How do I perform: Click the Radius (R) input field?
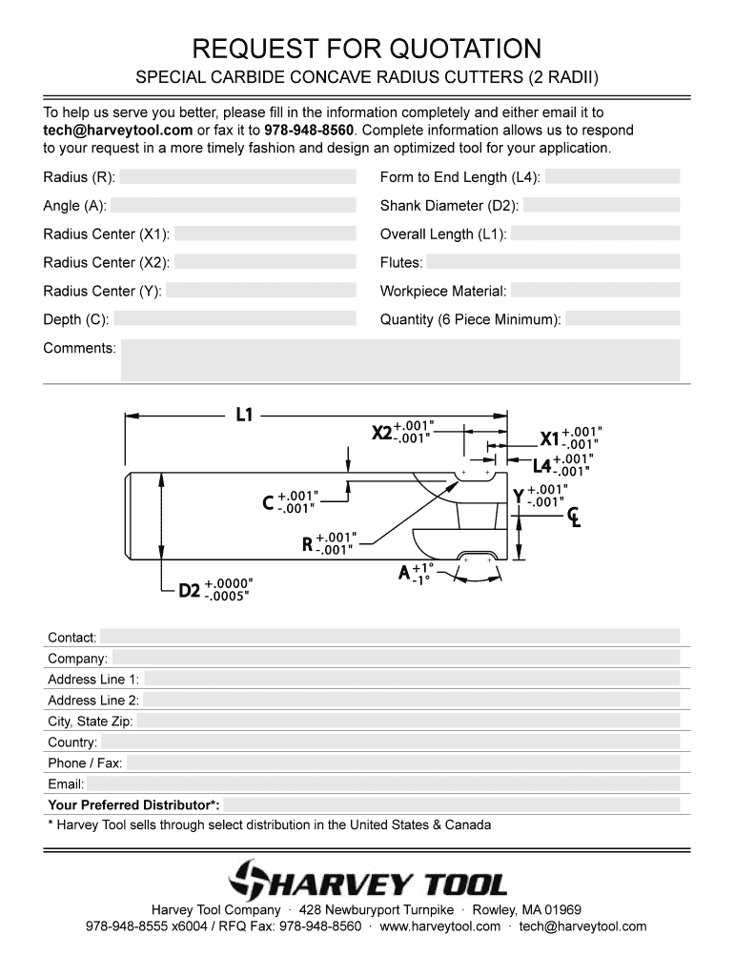237,177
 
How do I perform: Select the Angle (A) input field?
233,206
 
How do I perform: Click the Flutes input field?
552,262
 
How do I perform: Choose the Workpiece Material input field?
595,291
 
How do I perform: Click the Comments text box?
399,360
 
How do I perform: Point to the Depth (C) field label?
75,319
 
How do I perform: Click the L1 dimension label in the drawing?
244,415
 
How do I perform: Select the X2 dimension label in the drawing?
381,433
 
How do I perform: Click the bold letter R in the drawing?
307,544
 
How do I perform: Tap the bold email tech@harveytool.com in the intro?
117,130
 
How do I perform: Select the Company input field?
396,658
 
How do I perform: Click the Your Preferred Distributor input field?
453,805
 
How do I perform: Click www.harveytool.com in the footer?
440,926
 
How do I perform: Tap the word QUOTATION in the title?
447,48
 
